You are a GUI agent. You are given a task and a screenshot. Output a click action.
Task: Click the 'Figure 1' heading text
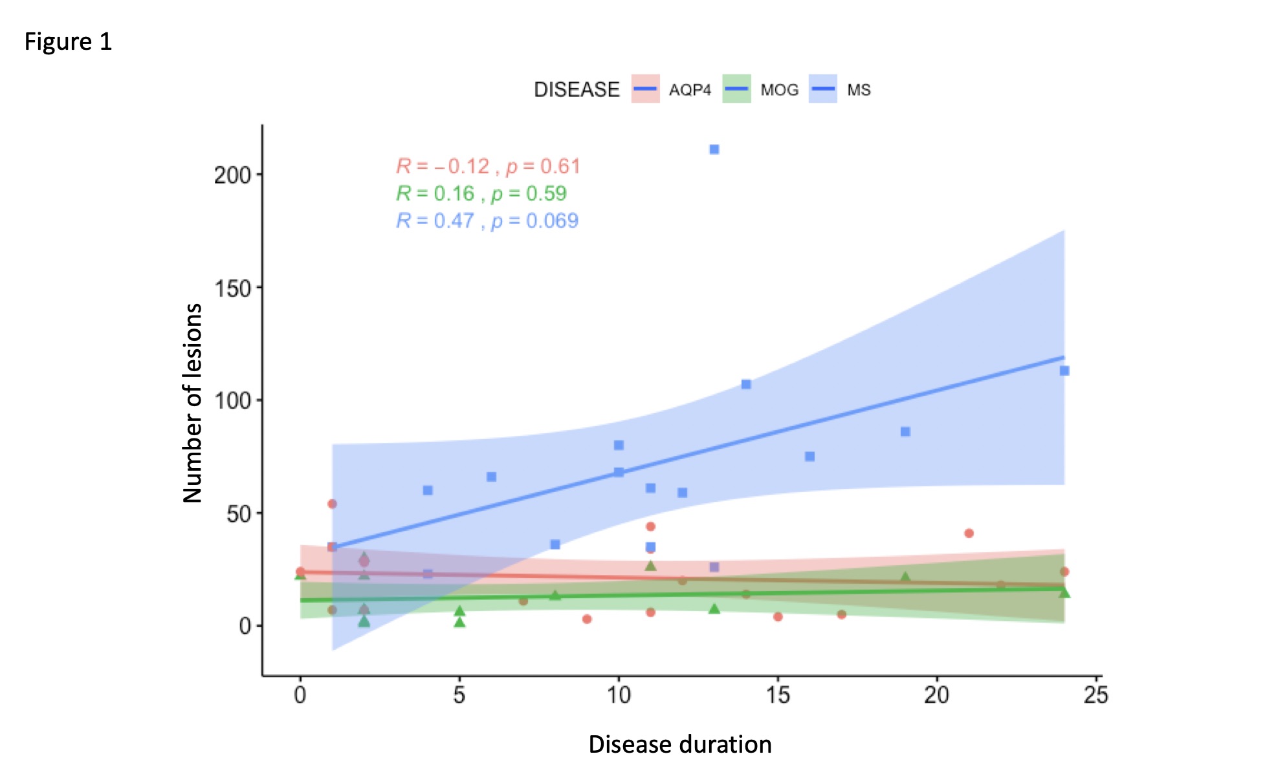68,42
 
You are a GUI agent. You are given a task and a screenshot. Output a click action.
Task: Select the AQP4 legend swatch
645,89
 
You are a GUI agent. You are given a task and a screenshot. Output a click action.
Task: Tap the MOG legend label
779,90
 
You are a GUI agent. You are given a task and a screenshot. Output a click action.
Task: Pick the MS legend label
859,90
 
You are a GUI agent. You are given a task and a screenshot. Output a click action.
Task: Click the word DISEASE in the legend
577,90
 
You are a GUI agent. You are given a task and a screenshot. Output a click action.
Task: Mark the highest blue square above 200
714,149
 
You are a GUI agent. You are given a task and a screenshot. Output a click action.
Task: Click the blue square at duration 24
1064,371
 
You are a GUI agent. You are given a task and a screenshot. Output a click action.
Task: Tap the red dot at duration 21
969,533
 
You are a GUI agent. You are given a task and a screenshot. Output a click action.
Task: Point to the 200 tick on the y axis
233,175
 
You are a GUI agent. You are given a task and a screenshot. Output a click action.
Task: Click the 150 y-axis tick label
233,288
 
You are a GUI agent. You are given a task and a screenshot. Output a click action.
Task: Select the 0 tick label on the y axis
245,626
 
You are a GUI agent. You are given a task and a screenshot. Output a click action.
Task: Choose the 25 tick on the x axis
1096,695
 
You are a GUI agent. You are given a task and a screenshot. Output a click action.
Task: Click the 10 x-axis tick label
619,695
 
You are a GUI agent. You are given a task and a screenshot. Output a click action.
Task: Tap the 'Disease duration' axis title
679,744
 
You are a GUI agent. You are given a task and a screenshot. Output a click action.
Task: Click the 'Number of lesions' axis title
193,402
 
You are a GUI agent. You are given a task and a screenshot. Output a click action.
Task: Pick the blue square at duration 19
905,431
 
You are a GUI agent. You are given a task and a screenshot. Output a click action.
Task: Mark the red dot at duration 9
587,619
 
